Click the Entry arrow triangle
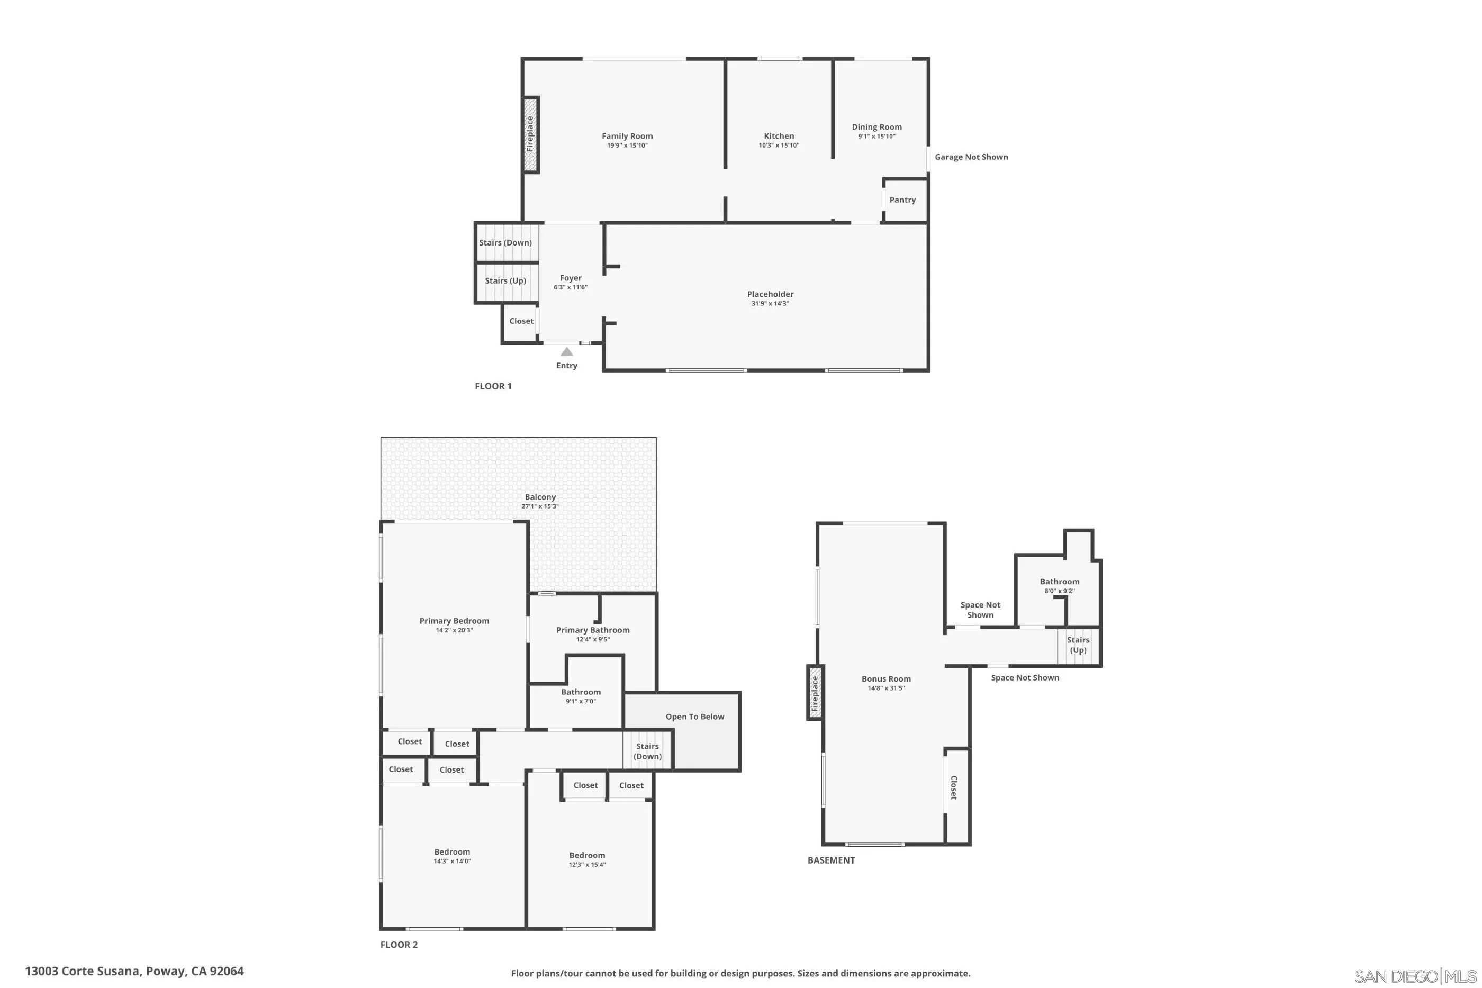point(566,351)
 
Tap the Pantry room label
point(902,200)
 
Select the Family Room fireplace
point(530,134)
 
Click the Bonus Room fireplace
point(815,693)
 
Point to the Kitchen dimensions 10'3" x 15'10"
point(779,146)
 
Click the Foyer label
point(570,278)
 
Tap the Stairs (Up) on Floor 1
point(505,281)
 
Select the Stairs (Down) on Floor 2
point(647,751)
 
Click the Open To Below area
point(694,717)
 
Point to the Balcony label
point(540,497)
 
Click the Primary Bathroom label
point(592,630)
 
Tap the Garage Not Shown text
point(971,157)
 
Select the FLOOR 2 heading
point(399,945)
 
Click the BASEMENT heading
point(831,860)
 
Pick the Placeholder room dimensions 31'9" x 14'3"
point(770,304)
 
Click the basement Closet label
point(953,787)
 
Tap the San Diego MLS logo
point(1415,977)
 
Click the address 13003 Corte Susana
point(134,971)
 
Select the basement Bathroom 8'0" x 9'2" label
point(1059,586)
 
